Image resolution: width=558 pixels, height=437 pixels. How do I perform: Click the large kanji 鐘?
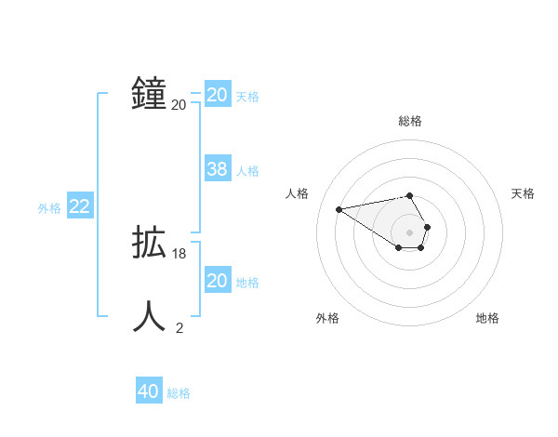tap(149, 95)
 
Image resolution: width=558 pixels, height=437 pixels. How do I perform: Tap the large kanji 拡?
tap(149, 244)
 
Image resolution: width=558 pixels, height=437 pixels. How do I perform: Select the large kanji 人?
tap(149, 316)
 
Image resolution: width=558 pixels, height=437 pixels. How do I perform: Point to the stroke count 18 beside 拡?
tap(179, 254)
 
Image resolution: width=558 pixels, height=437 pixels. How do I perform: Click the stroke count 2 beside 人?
tap(179, 326)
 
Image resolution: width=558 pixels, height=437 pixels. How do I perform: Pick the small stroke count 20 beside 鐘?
tap(179, 105)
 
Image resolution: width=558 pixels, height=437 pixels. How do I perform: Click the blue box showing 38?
tap(217, 169)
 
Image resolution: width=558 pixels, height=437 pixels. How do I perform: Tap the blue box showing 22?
tap(79, 206)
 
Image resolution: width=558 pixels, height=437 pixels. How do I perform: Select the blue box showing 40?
tap(148, 391)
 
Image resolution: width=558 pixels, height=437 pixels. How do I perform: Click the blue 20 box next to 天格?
tap(217, 95)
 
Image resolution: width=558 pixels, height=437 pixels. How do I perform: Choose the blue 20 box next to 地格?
tap(217, 281)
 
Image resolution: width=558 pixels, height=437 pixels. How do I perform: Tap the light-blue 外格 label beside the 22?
tap(49, 208)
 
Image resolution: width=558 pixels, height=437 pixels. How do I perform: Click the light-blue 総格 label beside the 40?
tap(179, 393)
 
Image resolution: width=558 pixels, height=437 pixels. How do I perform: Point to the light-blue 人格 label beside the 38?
tap(247, 171)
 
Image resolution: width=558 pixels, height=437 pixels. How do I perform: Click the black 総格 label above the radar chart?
tap(410, 121)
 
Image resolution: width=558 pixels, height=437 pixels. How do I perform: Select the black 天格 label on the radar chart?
tap(524, 193)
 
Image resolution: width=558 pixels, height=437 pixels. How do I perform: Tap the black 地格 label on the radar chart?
tap(487, 318)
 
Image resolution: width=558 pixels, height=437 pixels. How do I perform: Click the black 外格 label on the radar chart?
tap(327, 318)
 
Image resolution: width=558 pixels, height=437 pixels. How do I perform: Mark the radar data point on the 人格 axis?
tap(339, 208)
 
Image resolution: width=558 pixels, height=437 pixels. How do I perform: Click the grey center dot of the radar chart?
tap(410, 232)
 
